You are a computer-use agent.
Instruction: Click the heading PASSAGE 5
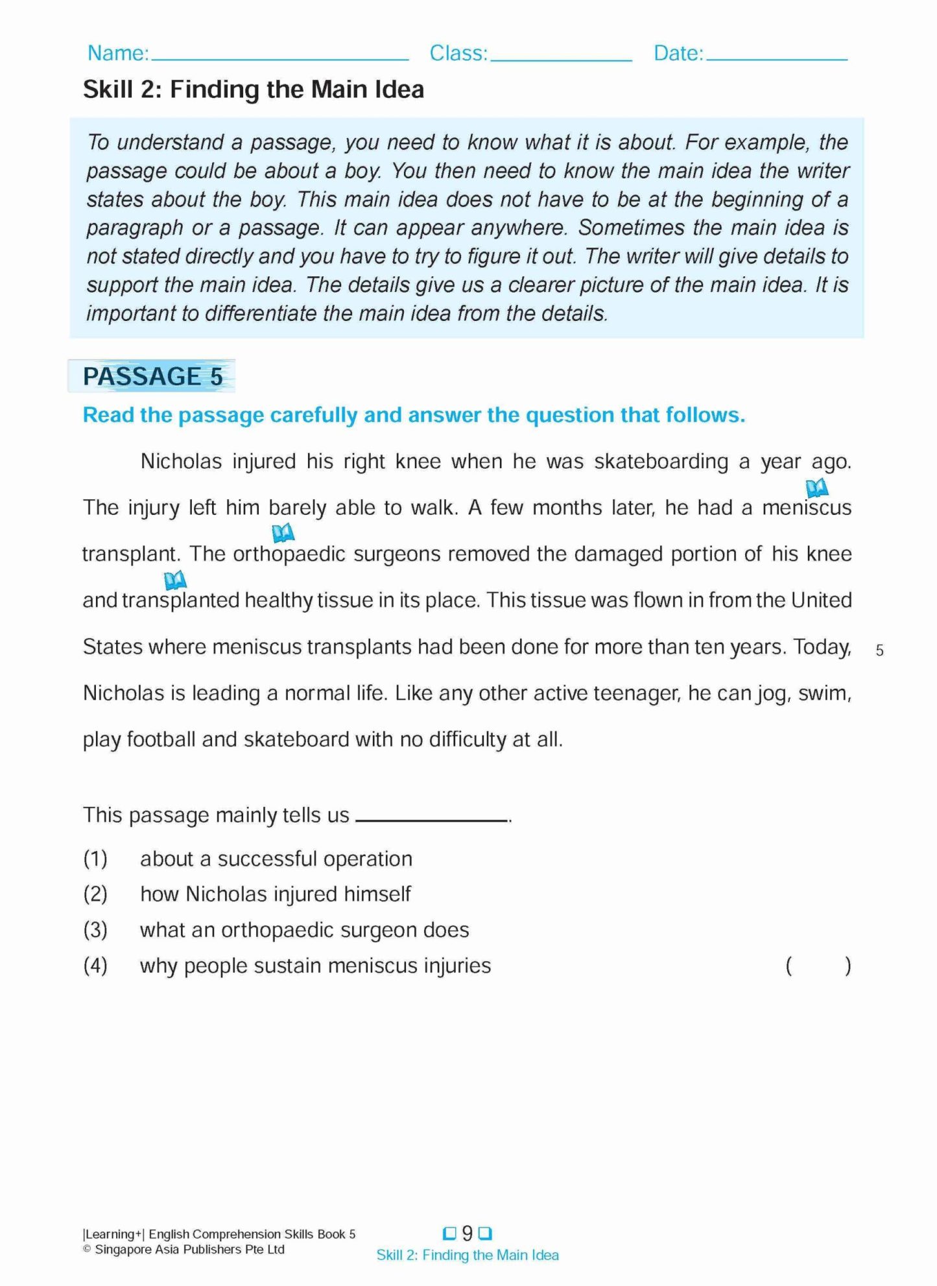[x=152, y=376]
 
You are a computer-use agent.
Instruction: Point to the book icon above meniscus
[x=816, y=486]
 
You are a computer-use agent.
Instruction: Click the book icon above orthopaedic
[x=283, y=533]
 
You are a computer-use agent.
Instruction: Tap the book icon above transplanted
[x=174, y=580]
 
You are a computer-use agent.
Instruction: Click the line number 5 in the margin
[x=879, y=650]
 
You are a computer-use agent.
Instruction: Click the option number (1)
[x=95, y=859]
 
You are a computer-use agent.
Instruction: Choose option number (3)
[x=95, y=930]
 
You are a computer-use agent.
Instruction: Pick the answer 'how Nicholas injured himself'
[x=276, y=894]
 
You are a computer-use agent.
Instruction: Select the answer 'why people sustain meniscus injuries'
[x=315, y=966]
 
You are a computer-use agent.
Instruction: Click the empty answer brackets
[x=818, y=966]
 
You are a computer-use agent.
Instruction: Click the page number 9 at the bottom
[x=467, y=1233]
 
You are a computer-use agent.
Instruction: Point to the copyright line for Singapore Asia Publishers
[x=184, y=1250]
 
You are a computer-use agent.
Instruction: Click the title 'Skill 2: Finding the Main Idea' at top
[x=254, y=89]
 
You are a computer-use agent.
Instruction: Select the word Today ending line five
[x=822, y=647]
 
